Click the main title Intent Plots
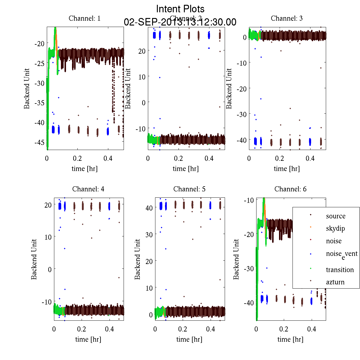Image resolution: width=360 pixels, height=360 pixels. pos(180,9)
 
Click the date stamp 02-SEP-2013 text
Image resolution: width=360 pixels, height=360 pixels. pos(180,22)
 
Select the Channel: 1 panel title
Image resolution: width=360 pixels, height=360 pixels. pos(85,18)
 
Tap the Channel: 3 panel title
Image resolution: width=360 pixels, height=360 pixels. pos(287,18)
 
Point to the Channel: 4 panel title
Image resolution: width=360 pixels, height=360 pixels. pos(88,189)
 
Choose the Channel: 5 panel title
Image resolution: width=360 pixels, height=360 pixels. pos(189,189)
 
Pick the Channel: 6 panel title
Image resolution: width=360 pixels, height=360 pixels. pos(290,189)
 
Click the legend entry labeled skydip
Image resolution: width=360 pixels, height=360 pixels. pos(335,228)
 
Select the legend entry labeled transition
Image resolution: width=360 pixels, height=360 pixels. pos(340,270)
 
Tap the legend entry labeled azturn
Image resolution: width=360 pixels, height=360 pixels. pos(335,282)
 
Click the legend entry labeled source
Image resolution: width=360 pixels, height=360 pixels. pos(336,216)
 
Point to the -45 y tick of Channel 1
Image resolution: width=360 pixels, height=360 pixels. pos(39,142)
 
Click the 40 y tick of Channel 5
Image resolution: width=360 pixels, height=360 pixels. pos(149,208)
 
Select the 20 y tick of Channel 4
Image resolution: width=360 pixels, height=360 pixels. pos(48,205)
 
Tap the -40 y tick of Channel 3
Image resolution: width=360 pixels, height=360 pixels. pos(241,140)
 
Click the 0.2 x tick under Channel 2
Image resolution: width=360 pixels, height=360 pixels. pos(178,158)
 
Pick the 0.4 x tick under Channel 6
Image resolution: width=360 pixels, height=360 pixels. pos(312,329)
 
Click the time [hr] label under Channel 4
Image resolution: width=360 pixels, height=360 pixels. pos(88,339)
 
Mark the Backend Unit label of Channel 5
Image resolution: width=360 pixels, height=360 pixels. pos(137,259)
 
